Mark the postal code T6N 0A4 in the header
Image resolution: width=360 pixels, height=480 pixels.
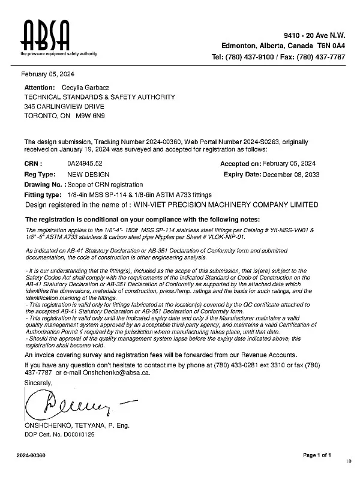pos(331,46)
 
